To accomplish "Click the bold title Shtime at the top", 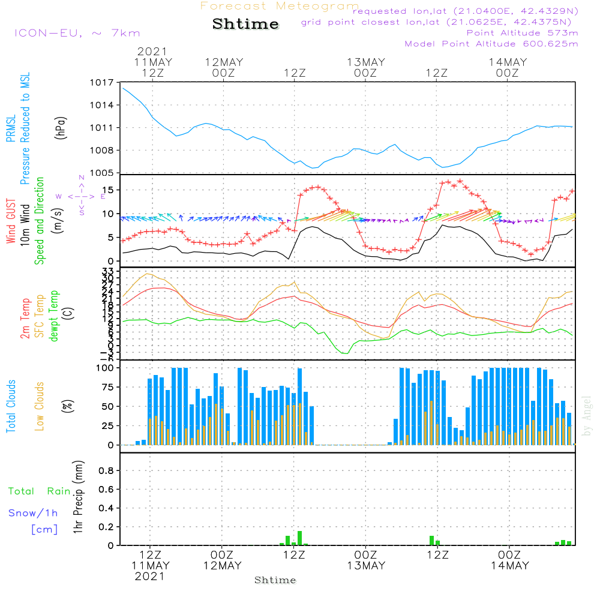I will (246, 24).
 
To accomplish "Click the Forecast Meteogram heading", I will (280, 6).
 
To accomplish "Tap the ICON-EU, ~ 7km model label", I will (77, 33).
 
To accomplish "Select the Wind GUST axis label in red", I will (11, 222).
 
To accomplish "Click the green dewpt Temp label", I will (54, 316).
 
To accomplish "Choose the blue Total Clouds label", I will (11, 406).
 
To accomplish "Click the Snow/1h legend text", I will (34, 513).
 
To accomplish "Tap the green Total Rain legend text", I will (40, 491).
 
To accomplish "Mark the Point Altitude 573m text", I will (522, 33).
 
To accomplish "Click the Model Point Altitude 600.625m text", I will (491, 44).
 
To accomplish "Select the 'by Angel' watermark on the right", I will (587, 416).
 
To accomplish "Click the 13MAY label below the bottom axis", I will (366, 566).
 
